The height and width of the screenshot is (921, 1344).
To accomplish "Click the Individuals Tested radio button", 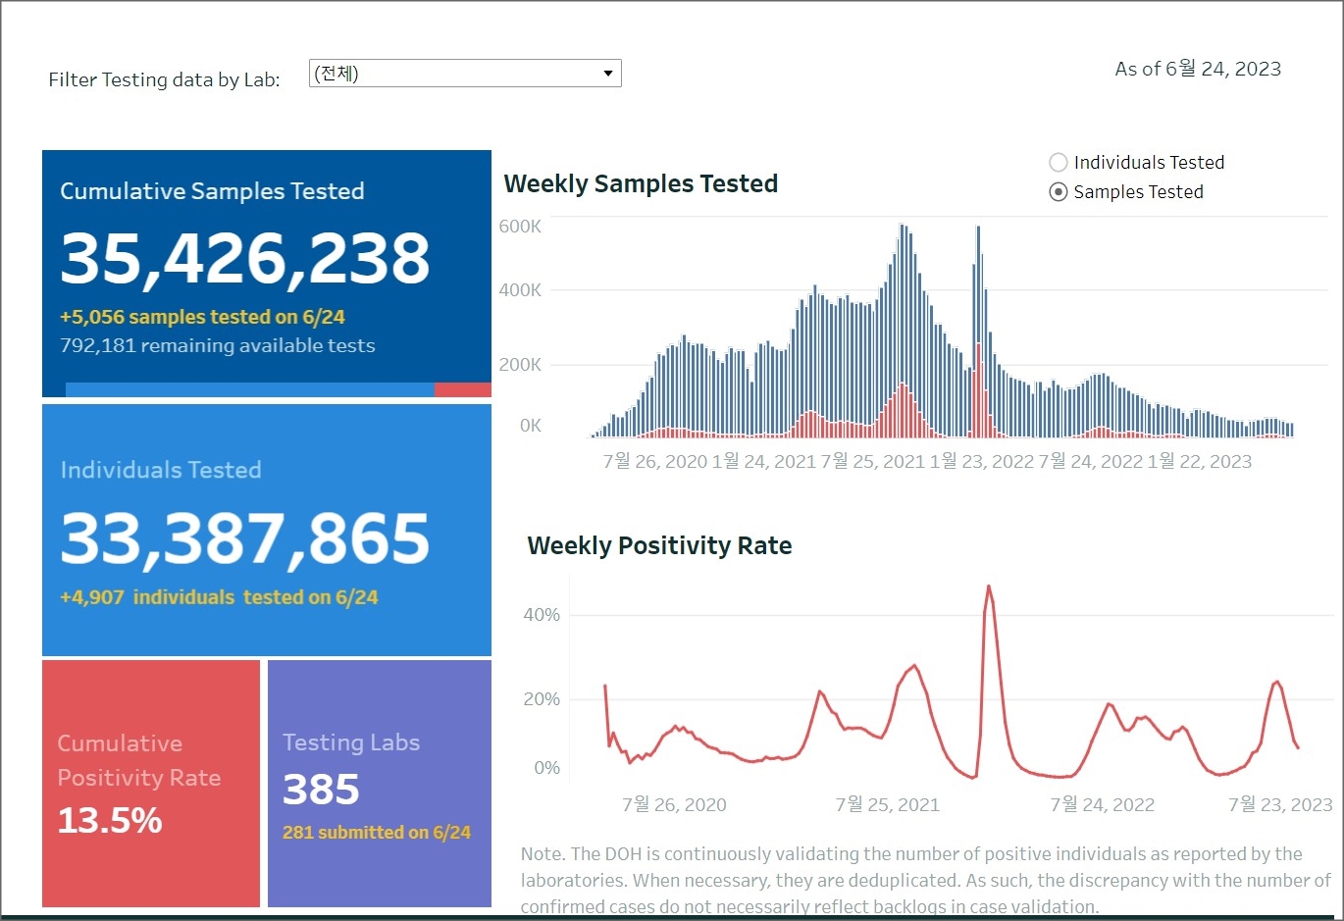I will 1059,163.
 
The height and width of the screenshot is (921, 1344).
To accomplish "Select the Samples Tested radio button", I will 1059,192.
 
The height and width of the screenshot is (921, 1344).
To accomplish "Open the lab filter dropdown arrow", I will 608,74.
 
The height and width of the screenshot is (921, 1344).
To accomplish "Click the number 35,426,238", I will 245,259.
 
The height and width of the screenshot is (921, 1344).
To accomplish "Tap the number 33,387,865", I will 245,538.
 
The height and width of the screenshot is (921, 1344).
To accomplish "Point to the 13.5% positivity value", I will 110,820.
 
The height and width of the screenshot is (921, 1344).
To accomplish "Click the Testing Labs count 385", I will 321,790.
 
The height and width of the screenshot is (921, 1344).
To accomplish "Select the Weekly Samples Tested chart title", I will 641,183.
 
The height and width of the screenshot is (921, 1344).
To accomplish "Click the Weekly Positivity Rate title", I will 659,545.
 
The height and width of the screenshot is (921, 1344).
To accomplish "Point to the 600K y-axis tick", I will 520,227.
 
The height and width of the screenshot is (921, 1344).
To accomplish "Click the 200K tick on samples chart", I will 520,365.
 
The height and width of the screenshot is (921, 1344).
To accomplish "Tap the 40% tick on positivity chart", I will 542,615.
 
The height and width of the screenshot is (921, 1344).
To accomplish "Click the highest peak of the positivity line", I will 989,588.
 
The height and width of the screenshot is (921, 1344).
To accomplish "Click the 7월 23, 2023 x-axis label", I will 1280,805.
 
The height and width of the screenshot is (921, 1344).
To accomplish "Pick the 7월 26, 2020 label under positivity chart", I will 674,805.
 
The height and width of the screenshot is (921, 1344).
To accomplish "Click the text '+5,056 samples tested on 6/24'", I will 202,317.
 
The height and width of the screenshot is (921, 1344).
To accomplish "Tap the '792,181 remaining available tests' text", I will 218,345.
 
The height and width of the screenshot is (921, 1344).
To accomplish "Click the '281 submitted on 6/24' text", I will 377,832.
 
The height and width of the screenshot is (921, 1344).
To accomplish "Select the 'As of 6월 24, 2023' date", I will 1198,69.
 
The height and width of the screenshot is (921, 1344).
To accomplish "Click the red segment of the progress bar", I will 462,390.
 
